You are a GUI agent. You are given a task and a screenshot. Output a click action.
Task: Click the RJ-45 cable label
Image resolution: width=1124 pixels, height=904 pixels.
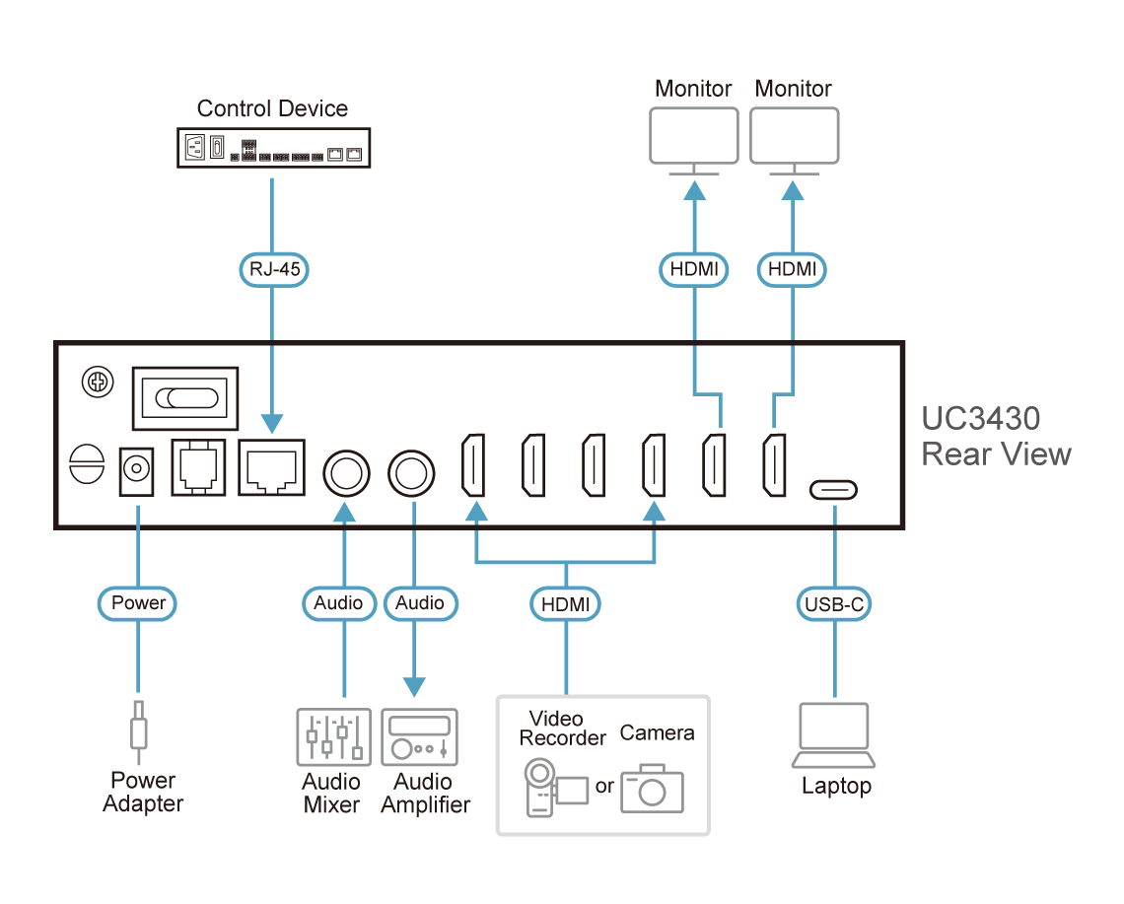coord(274,269)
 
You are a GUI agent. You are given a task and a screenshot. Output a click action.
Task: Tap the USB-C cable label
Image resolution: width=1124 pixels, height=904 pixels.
coord(834,604)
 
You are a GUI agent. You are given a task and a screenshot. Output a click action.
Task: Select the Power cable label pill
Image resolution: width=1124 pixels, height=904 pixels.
coord(138,603)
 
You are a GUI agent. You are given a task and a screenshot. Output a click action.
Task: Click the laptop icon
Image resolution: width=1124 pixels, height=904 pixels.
coord(834,734)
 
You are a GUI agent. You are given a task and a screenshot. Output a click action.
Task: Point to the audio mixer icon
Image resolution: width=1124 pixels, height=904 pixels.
coord(333,737)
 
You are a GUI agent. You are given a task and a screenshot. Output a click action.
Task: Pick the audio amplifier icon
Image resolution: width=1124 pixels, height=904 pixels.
coord(419,737)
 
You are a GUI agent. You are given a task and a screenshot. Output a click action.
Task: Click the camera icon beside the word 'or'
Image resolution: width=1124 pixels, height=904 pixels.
coord(653,789)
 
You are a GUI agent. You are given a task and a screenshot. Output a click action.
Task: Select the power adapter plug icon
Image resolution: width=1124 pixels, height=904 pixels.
coord(138,731)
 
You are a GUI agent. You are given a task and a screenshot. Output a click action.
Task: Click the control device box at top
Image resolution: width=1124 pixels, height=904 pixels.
coord(274,148)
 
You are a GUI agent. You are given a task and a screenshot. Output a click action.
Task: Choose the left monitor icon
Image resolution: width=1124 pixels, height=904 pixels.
coord(694,141)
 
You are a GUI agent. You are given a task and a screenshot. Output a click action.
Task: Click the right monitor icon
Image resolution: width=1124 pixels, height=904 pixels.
coord(795,141)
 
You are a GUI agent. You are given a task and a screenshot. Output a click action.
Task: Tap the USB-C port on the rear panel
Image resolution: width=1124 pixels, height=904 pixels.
coord(834,490)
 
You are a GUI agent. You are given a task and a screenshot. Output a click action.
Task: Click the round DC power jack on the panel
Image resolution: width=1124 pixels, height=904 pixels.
coord(136,470)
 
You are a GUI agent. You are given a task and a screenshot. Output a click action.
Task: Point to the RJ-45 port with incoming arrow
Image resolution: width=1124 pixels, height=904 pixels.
coord(272,467)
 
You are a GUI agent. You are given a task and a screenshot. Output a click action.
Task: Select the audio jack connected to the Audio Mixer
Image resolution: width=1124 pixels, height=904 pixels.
coord(347,474)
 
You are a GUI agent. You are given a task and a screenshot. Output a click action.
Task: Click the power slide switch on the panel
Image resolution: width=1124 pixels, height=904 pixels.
coord(185,398)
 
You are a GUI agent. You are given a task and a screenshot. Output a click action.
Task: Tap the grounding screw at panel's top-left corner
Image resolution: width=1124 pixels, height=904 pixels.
coord(98,382)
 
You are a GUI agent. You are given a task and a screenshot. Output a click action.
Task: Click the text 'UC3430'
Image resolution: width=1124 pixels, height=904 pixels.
coord(981,418)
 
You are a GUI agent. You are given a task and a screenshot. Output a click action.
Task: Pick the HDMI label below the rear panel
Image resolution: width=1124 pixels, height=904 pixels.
coord(566,604)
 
